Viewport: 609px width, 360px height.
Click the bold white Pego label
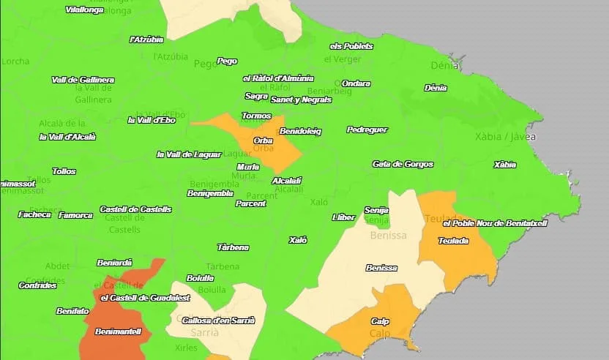[x=227, y=61]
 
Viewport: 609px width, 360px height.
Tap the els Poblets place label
[x=351, y=46]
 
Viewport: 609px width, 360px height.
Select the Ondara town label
[x=356, y=83]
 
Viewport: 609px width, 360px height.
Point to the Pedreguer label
[x=367, y=130]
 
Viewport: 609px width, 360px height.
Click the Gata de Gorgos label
[x=403, y=164]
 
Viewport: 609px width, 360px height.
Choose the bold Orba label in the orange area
[x=263, y=140]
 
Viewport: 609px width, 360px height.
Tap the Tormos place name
[x=256, y=116]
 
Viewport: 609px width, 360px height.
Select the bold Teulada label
[x=453, y=241]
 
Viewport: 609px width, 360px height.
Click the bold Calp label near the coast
[x=380, y=321]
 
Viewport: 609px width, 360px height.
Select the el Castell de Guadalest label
[x=145, y=298]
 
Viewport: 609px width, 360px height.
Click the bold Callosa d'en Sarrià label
[x=218, y=320]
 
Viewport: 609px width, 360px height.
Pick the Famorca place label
[x=75, y=215]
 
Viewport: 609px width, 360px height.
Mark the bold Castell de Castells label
[x=135, y=209]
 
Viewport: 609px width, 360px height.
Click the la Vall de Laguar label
[x=194, y=154]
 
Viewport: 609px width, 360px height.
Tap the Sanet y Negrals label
[x=301, y=99]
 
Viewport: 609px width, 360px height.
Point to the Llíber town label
[x=343, y=217]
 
